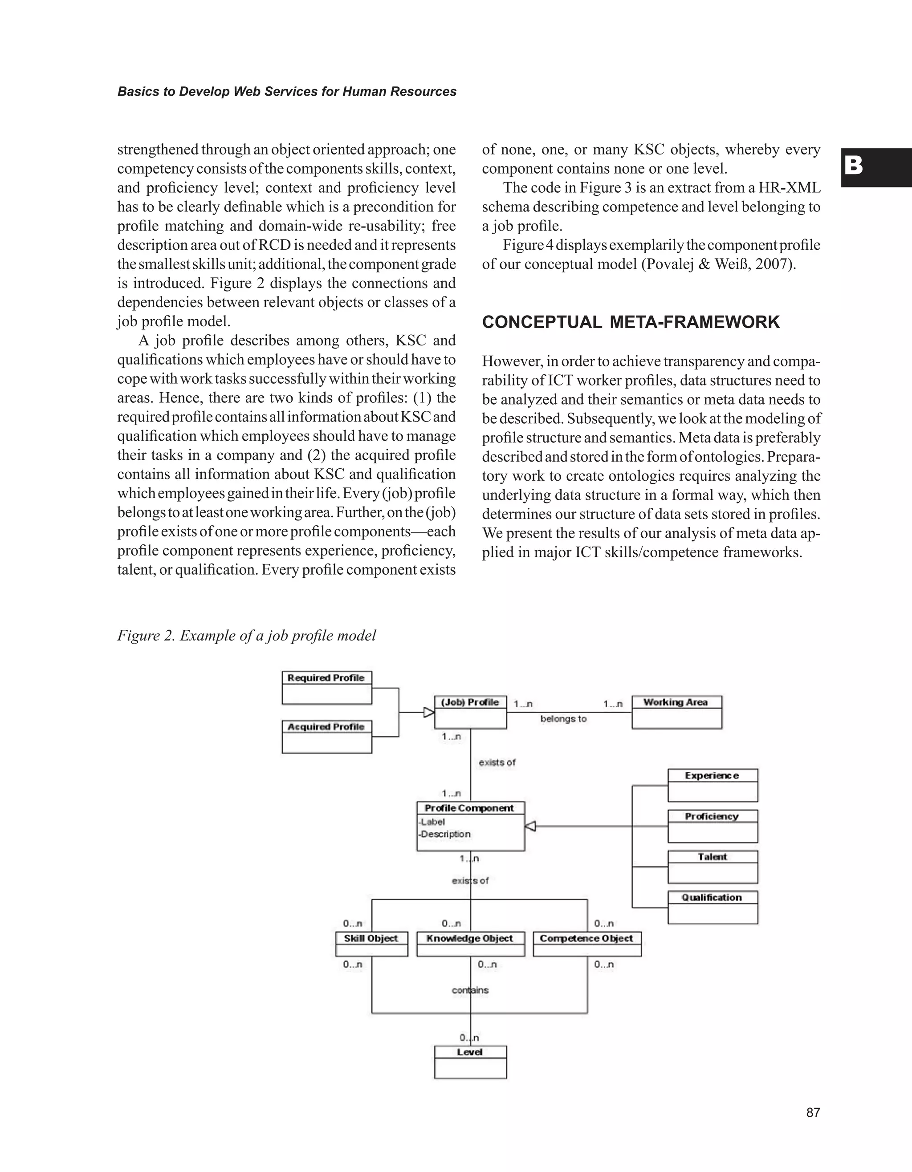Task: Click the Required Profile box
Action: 326,688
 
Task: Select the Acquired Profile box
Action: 326,737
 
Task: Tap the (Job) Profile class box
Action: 470,712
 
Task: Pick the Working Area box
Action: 676,712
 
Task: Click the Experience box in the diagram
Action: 712,785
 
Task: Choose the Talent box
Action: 712,867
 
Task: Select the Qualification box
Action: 712,908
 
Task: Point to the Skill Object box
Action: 371,944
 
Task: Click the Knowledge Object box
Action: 470,944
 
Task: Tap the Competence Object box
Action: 587,944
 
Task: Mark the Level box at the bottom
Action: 470,1062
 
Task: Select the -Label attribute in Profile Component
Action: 432,822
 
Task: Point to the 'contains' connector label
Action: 470,990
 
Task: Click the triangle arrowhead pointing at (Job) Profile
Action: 428,713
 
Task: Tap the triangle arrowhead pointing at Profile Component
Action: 530,827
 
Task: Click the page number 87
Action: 813,1112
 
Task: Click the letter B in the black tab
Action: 854,166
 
